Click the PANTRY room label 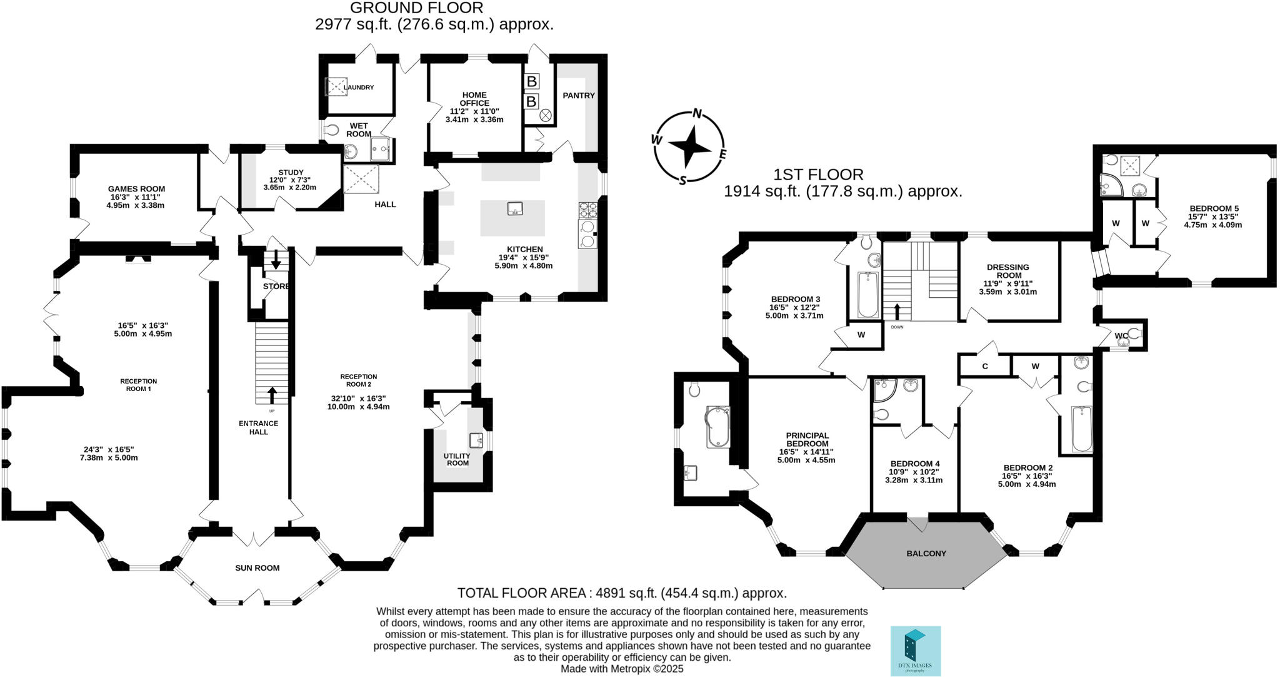[578, 96]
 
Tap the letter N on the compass [697, 114]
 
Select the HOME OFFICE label [474, 99]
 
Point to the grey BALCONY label [926, 554]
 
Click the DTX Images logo [915, 651]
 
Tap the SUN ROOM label [257, 568]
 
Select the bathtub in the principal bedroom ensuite [718, 427]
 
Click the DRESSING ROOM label [1007, 272]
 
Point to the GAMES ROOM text [136, 189]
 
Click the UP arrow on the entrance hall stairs [272, 396]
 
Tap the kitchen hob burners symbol [588, 209]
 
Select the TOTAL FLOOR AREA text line [622, 593]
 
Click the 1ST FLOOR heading [818, 175]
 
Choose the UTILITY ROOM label [457, 459]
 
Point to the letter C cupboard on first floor [985, 367]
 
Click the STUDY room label [291, 173]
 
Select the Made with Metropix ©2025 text [622, 669]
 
